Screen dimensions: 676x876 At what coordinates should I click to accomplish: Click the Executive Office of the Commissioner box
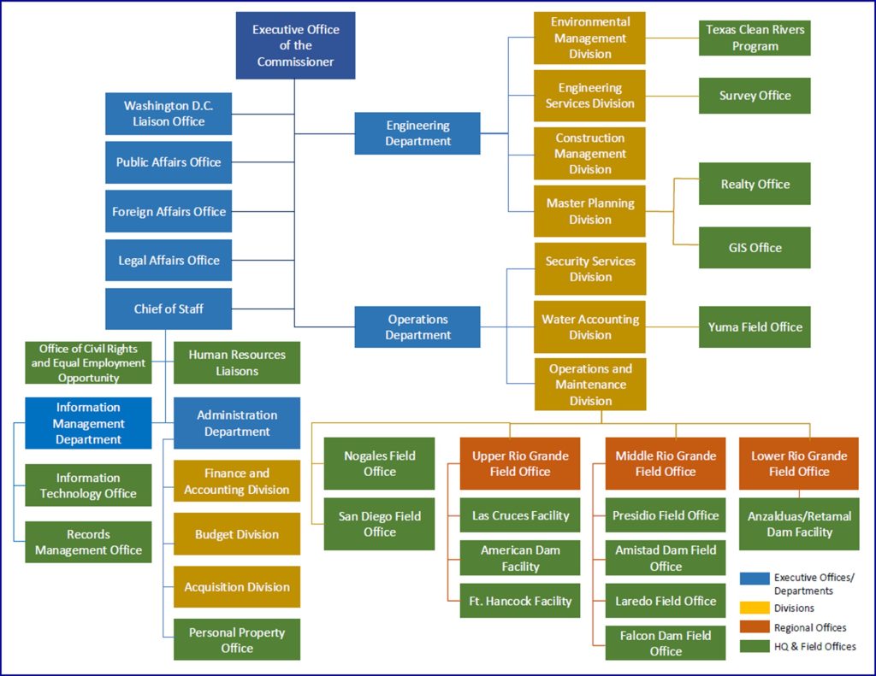click(x=295, y=45)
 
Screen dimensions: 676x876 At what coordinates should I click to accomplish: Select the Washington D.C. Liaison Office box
click(x=169, y=114)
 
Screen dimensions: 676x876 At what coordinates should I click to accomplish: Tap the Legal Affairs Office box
click(x=169, y=261)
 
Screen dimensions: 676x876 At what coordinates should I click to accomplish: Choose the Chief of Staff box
click(x=169, y=309)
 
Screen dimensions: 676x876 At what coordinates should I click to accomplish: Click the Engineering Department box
click(x=417, y=133)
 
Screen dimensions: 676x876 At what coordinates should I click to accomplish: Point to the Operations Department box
click(x=417, y=327)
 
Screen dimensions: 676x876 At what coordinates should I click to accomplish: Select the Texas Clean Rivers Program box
click(x=755, y=38)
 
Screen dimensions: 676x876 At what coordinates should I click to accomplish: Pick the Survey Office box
click(x=755, y=96)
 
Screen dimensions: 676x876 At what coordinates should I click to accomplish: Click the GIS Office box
click(x=755, y=248)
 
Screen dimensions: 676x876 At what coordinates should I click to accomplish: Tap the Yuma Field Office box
click(x=755, y=327)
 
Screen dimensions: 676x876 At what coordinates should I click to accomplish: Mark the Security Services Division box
click(x=590, y=269)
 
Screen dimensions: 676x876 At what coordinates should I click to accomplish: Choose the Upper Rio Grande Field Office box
click(x=520, y=464)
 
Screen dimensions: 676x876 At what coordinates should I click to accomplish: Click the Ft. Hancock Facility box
click(x=520, y=601)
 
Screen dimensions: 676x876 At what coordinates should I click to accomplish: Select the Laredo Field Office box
click(x=666, y=601)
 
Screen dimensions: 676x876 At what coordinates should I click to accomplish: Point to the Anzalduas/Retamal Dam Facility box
click(x=799, y=524)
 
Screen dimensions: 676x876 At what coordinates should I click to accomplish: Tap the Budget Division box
click(x=237, y=534)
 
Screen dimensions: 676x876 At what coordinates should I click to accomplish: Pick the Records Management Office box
click(x=88, y=542)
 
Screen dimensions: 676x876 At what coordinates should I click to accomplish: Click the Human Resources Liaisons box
click(x=237, y=363)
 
